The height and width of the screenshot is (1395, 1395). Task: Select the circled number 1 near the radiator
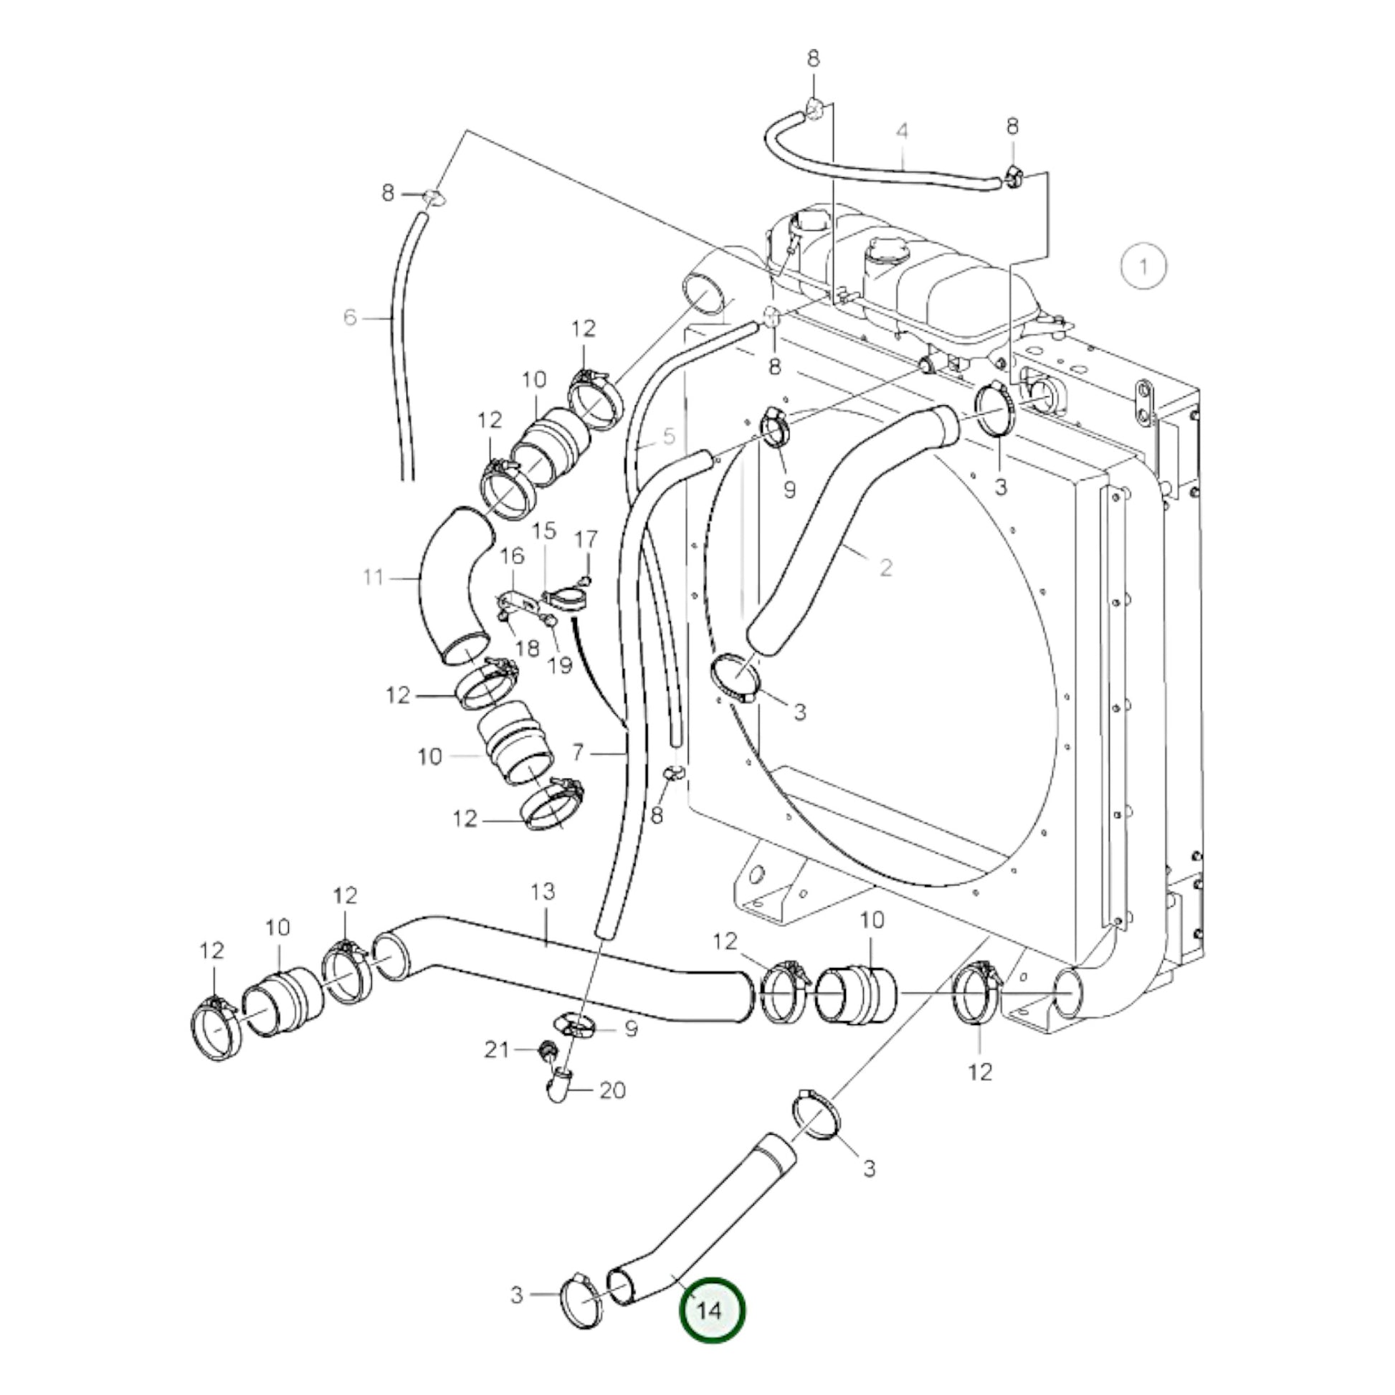point(1143,267)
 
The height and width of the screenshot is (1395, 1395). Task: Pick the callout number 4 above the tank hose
point(902,132)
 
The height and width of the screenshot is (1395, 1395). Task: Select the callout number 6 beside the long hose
point(351,317)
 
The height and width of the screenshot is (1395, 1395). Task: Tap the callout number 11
point(373,578)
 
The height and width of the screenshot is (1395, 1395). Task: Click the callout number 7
point(577,753)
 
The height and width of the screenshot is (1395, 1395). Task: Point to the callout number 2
point(886,568)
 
